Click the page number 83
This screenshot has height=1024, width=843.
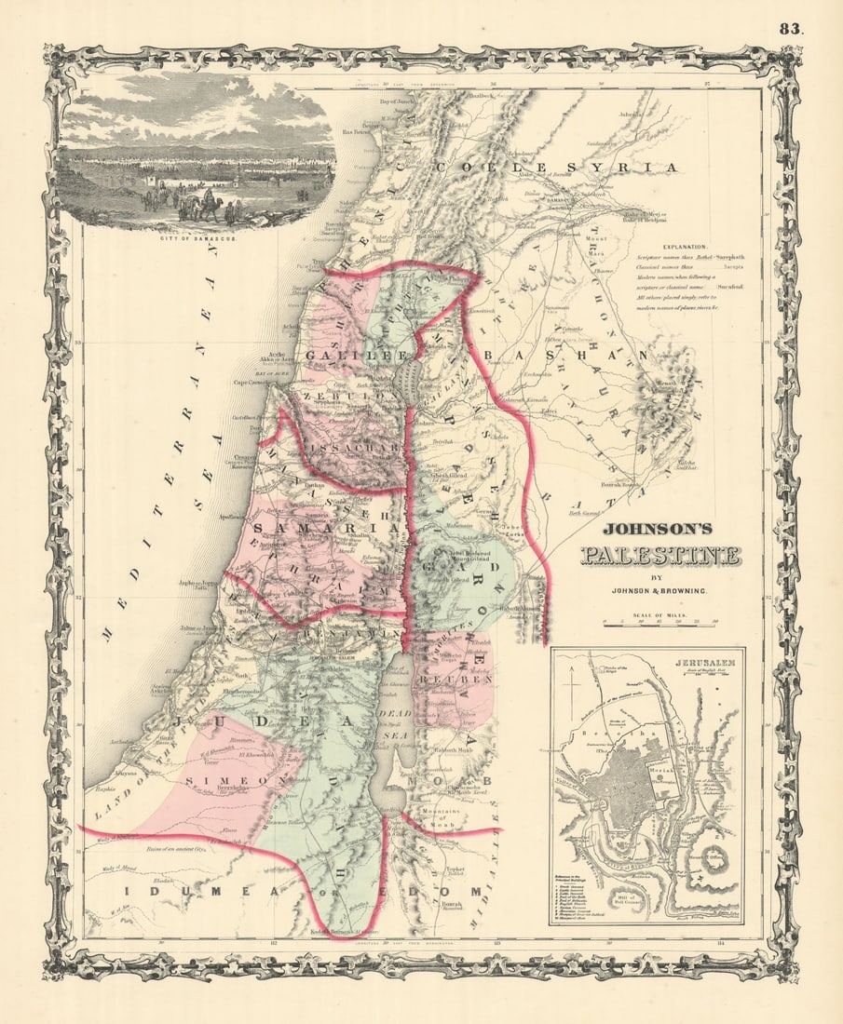pos(791,28)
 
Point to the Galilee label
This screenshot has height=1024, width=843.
pos(351,357)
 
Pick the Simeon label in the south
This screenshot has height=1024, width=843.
pos(228,780)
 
